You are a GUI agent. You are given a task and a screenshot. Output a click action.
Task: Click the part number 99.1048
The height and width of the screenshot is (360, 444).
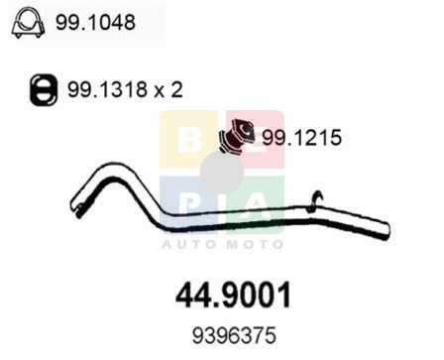click(95, 23)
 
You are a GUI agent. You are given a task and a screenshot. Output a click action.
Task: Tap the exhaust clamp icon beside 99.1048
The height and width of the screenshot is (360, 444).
click(28, 22)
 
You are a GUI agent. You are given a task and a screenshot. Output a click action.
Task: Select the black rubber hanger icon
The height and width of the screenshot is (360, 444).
click(44, 90)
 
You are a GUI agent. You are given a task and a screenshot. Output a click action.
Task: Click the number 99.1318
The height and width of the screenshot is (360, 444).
click(107, 89)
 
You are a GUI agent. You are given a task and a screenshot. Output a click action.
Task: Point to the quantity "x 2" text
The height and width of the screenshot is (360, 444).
click(168, 89)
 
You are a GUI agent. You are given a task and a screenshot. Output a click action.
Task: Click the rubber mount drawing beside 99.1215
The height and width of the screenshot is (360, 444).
click(237, 137)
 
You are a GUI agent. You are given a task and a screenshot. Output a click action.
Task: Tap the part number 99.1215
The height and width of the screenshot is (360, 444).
click(301, 138)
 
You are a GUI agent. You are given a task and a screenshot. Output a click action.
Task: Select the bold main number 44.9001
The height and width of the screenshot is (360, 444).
click(233, 295)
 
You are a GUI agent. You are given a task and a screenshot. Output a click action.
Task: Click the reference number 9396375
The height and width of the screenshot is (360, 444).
click(234, 335)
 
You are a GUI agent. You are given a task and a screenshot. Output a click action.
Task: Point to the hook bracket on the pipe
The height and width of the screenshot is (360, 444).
click(314, 201)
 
